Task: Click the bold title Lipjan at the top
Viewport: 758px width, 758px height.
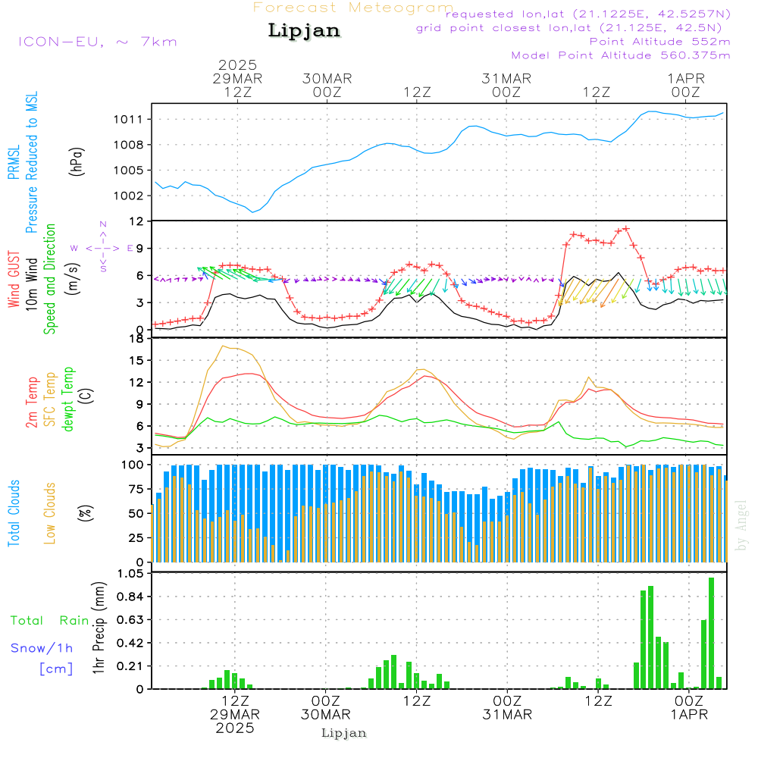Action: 304,30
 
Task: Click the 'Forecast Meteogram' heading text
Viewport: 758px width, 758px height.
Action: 353,8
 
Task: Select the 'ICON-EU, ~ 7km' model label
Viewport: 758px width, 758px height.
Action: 97,41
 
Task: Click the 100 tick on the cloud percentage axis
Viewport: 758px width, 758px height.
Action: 133,464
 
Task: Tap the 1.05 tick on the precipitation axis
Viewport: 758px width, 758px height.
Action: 130,574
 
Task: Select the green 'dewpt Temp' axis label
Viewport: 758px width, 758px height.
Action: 69,399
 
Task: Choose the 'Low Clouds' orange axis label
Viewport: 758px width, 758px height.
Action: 50,512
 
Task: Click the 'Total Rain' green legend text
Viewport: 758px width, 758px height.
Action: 50,621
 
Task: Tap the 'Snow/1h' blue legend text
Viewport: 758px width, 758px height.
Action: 42,648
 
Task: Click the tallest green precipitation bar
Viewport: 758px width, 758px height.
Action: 711,633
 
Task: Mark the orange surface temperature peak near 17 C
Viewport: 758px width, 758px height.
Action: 224,346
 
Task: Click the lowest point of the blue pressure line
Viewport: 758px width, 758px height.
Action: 253,211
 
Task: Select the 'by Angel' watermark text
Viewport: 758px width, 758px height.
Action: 741,525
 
